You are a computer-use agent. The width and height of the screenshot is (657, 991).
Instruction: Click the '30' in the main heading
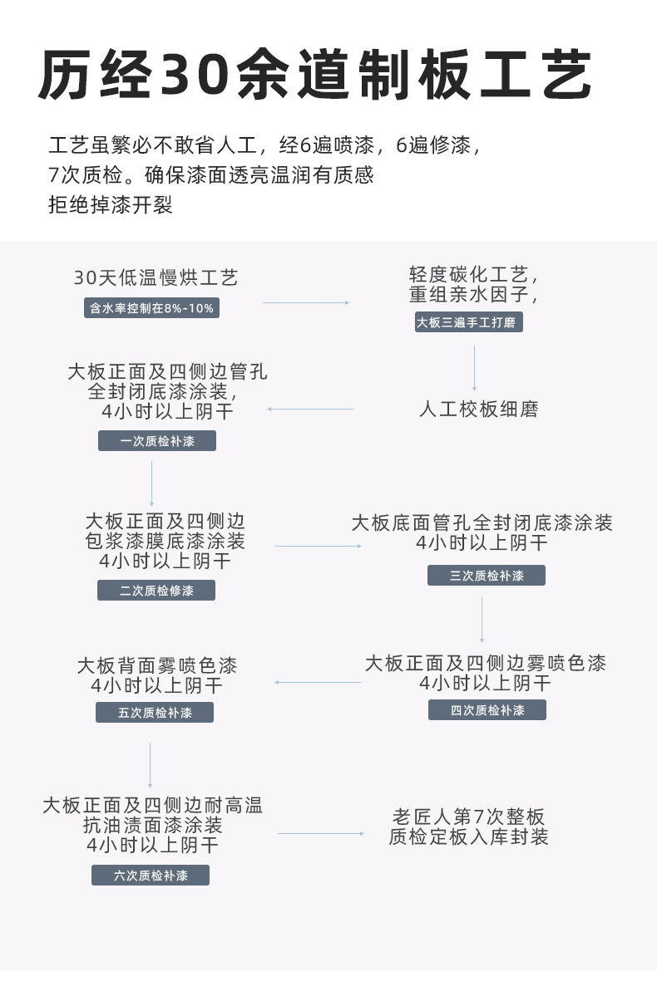pos(197,76)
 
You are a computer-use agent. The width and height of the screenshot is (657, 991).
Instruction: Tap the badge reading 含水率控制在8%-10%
pos(152,308)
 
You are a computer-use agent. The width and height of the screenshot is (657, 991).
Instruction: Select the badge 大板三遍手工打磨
pos(469,323)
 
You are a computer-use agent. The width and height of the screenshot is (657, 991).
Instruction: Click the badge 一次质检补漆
pos(157,441)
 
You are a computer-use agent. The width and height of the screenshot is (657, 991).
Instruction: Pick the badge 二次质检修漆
pos(156,591)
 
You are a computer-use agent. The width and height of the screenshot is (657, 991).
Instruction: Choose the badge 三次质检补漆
pos(487,576)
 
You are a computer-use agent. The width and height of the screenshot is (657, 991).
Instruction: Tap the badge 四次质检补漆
pos(487,710)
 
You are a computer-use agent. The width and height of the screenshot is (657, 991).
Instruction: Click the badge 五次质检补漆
pos(155,713)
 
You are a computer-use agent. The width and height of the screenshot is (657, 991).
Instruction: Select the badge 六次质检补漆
pos(151,876)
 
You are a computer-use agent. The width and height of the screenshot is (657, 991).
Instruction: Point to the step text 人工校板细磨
pos(478,410)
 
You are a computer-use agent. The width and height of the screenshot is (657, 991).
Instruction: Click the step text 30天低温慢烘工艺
pos(156,277)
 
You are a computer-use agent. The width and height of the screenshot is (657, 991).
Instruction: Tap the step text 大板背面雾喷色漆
pos(157,665)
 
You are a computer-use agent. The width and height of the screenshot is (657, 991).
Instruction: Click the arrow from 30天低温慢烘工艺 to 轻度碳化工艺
pos(305,303)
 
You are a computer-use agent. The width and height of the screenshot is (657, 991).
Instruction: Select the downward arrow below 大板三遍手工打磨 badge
pos(475,368)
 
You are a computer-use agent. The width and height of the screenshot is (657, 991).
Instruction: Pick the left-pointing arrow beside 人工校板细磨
pos(310,409)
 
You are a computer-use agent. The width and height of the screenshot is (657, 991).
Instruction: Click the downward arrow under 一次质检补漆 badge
pos(151,483)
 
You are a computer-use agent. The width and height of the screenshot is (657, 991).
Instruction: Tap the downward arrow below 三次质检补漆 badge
pos(482,620)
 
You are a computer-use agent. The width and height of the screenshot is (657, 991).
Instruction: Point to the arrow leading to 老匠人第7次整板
pos(321,833)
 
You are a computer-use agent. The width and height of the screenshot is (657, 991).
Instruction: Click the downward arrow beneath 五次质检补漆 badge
pos(150,765)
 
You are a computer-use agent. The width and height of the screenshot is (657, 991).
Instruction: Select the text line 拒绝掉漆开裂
pos(111,205)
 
